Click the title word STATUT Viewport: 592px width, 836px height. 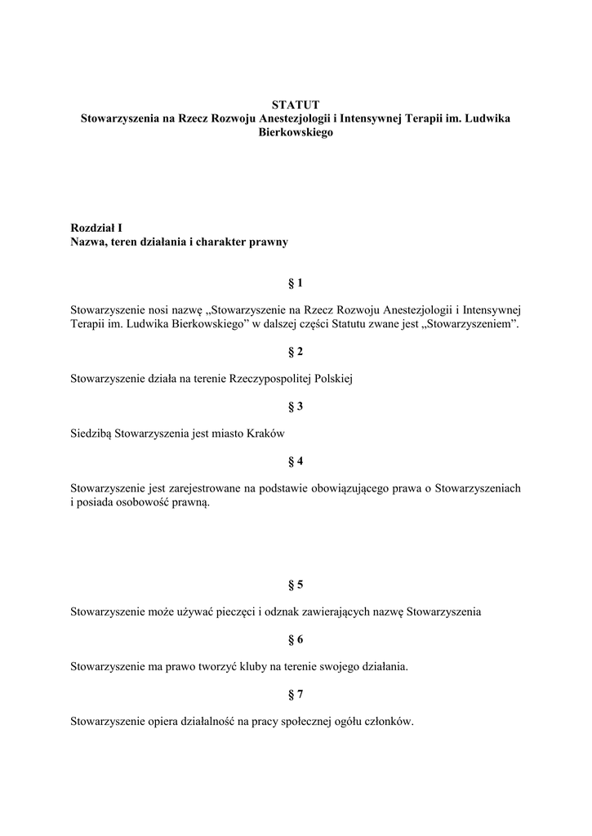[296, 104]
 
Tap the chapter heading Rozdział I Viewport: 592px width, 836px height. [96, 229]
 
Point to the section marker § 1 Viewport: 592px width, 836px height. [296, 283]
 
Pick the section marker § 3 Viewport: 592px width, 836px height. [296, 406]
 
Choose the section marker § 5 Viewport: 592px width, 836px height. [296, 585]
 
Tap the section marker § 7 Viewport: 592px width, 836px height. [296, 695]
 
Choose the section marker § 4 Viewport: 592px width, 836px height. [296, 461]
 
